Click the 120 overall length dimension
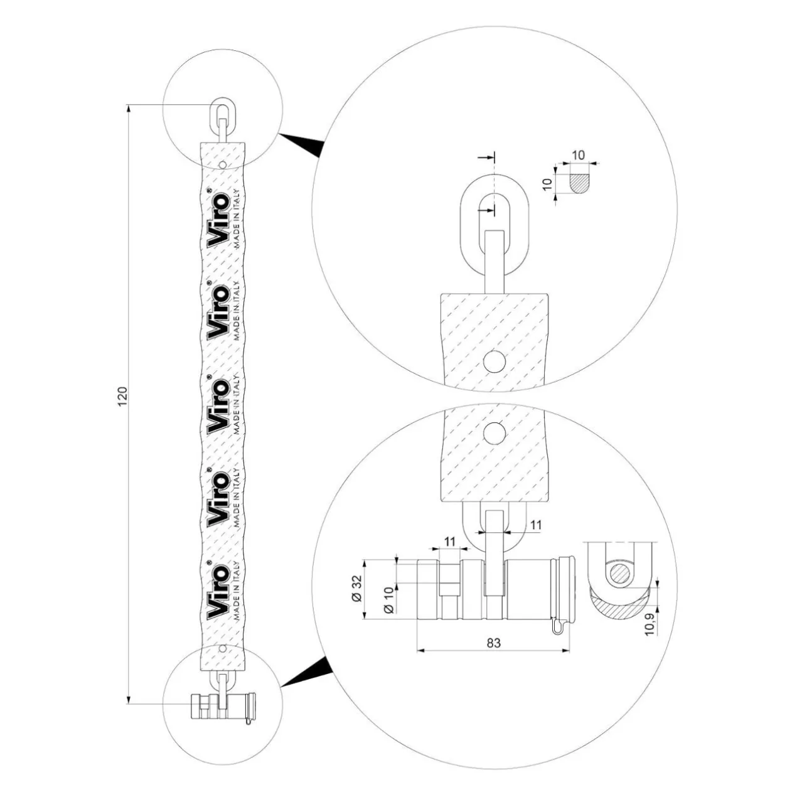[123, 396]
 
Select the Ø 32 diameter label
[358, 588]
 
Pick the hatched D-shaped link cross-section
[578, 183]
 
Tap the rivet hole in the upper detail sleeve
[495, 361]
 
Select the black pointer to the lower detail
[306, 671]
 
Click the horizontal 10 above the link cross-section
[579, 155]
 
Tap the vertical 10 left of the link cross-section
[547, 184]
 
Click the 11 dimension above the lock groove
[449, 542]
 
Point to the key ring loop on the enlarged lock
[557, 626]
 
